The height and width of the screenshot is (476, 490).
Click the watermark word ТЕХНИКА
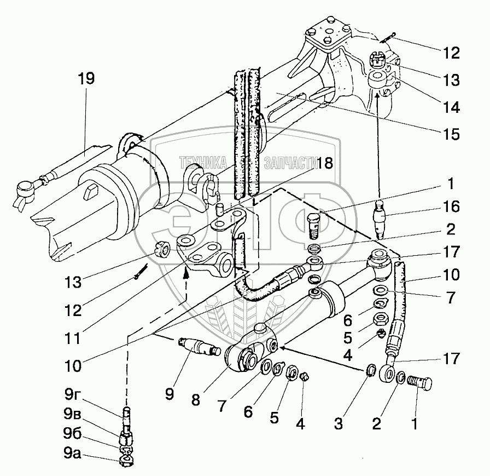(x=202, y=162)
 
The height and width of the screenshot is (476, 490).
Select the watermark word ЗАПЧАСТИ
(x=290, y=162)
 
